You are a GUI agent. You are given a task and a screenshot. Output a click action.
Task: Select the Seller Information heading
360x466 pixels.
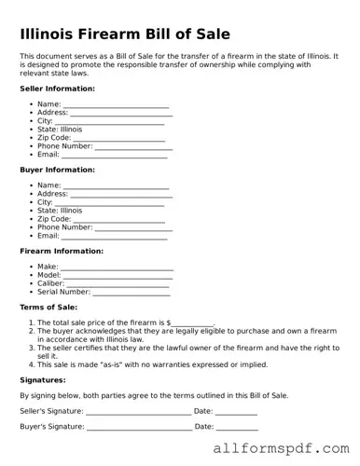[57, 89]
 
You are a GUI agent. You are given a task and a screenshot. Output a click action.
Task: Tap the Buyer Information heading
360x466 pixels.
[57, 170]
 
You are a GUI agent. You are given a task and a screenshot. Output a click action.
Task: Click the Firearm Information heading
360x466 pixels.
[62, 251]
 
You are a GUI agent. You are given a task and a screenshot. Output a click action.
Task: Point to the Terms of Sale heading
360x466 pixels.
[48, 307]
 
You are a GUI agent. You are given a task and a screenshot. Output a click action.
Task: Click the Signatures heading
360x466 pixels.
[43, 380]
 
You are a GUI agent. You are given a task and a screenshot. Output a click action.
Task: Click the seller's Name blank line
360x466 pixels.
[116, 106]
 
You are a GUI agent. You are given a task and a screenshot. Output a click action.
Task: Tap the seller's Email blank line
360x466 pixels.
[114, 156]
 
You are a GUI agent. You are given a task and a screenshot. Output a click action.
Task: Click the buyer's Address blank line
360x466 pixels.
[120, 196]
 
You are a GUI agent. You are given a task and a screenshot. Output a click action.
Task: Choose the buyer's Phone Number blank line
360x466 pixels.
[133, 228]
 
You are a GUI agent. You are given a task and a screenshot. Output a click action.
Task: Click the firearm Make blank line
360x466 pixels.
[117, 268]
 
